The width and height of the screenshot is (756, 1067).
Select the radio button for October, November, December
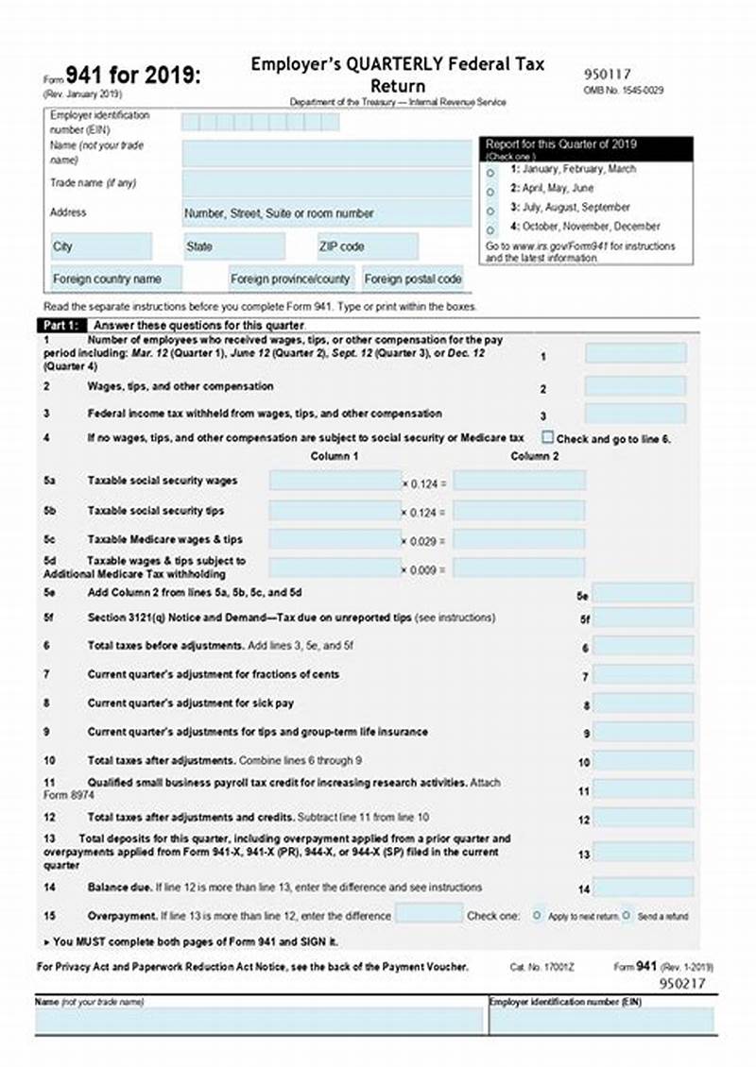pyautogui.click(x=490, y=229)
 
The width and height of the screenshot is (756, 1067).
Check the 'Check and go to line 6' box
pyautogui.click(x=547, y=437)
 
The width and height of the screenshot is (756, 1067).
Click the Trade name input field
pyautogui.click(x=326, y=183)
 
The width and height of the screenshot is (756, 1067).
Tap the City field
pyautogui.click(x=100, y=246)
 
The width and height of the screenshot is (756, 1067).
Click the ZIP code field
pyautogui.click(x=367, y=246)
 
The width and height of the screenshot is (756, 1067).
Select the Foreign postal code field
pyautogui.click(x=413, y=279)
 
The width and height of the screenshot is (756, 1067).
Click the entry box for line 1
pyautogui.click(x=635, y=353)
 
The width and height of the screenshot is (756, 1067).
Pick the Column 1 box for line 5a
pyautogui.click(x=335, y=481)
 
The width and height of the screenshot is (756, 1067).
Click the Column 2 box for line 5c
pyautogui.click(x=519, y=539)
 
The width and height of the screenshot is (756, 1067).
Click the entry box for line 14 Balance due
pyautogui.click(x=643, y=887)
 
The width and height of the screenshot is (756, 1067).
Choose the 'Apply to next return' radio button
pyautogui.click(x=537, y=915)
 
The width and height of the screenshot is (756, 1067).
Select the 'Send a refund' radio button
pyautogui.click(x=626, y=915)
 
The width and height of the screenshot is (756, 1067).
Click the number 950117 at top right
pyautogui.click(x=608, y=74)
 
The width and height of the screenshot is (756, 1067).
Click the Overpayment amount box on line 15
pyautogui.click(x=428, y=913)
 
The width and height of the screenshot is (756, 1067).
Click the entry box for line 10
pyautogui.click(x=643, y=760)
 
